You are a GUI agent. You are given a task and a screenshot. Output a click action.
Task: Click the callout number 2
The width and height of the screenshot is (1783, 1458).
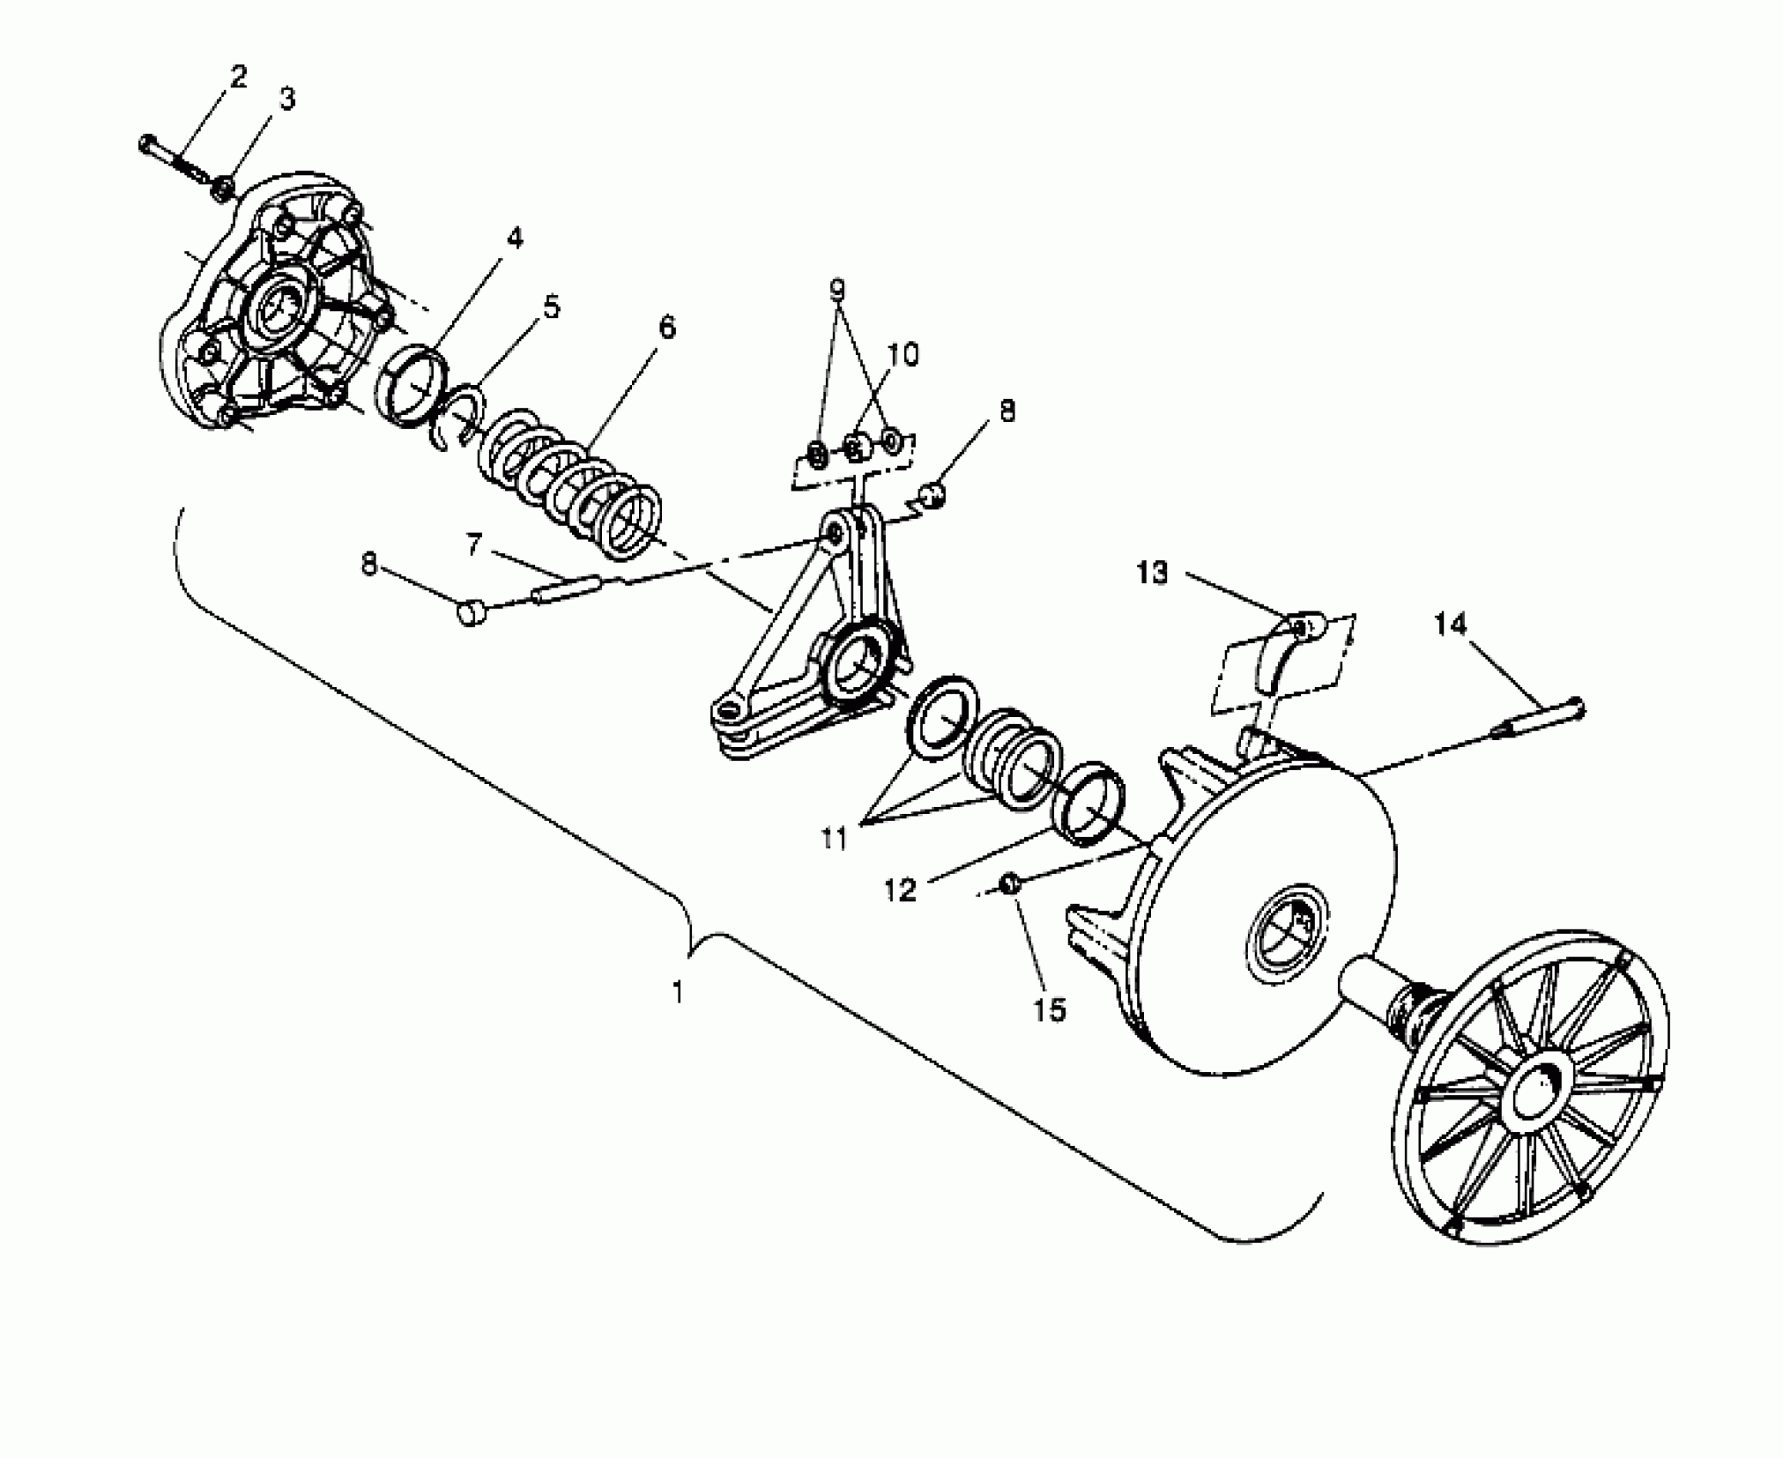(x=238, y=77)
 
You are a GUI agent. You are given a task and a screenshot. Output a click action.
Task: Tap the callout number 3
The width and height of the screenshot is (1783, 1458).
(x=287, y=99)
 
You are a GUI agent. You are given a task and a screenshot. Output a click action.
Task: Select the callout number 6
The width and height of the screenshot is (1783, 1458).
(x=666, y=328)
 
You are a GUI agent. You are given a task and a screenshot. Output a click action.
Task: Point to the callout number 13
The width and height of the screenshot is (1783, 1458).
(x=1153, y=573)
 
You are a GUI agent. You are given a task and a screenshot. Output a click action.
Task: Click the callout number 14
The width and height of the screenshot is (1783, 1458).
(x=1450, y=626)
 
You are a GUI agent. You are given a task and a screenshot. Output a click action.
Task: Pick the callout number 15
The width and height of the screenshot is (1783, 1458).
(x=1049, y=1010)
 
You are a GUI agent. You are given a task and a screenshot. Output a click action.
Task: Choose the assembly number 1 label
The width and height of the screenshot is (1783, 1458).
(x=678, y=993)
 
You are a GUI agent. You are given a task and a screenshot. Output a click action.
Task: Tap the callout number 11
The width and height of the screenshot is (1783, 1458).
(x=834, y=838)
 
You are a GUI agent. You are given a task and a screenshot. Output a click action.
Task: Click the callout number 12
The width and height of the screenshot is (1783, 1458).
(x=901, y=890)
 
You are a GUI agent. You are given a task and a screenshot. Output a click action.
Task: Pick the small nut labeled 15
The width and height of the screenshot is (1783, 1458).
(x=1011, y=883)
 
